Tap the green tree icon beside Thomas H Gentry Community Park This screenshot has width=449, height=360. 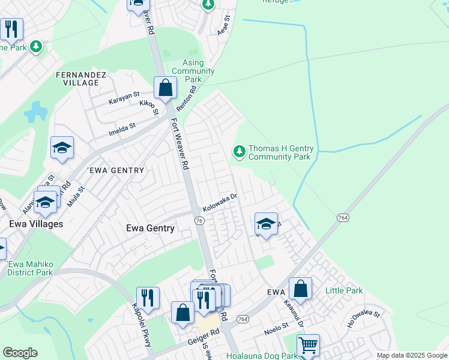[240, 151]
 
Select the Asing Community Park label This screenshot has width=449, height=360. [201, 71]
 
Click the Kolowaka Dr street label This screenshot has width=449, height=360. [220, 202]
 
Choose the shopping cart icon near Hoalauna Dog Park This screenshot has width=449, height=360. [308, 345]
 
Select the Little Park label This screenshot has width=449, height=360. [344, 290]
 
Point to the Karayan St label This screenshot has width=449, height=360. [124, 97]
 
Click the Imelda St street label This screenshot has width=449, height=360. [122, 129]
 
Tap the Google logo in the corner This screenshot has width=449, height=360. [20, 353]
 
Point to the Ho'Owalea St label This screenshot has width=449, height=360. [364, 319]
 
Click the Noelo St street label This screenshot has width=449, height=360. [277, 328]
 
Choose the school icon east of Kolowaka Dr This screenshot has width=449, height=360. [266, 224]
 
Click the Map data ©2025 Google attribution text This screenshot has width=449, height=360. [412, 355]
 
